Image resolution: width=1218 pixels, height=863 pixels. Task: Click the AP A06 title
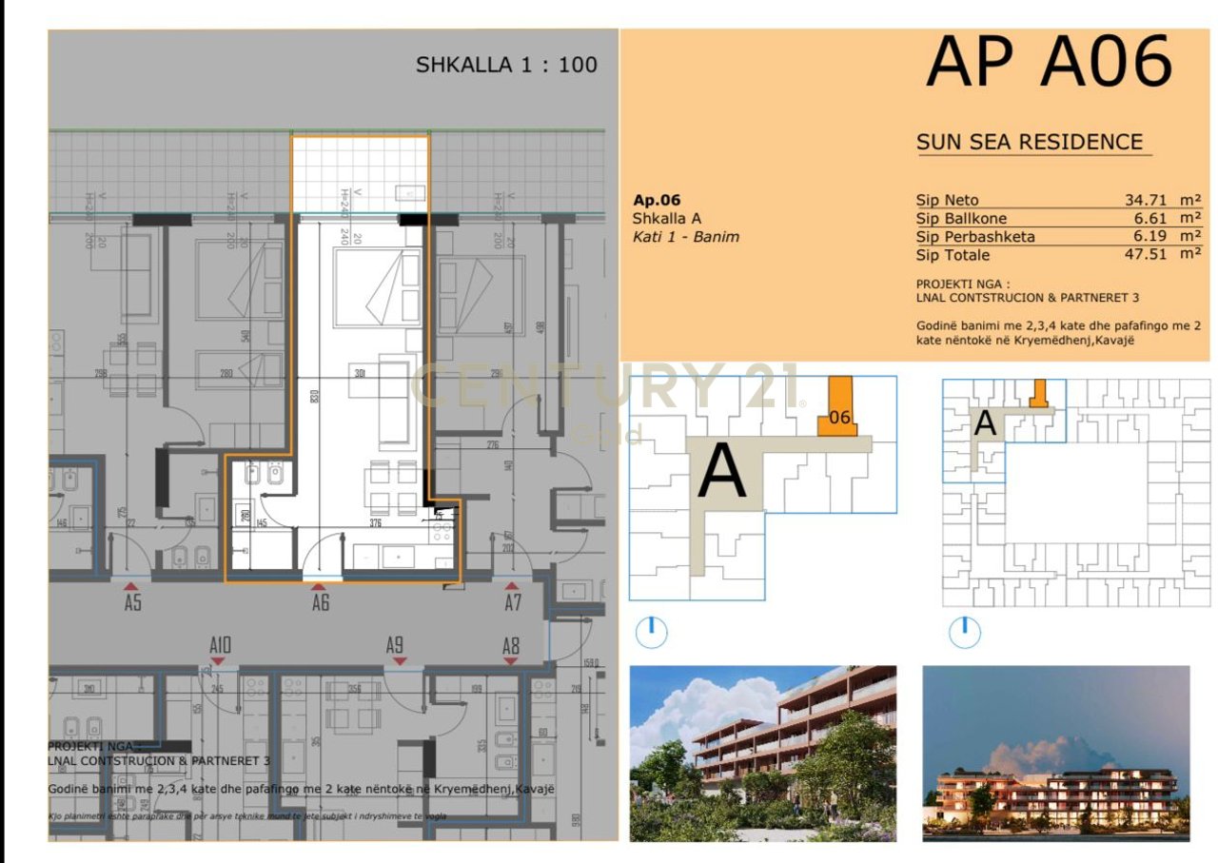tap(1049, 64)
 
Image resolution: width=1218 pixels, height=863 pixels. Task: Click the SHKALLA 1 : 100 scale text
tap(506, 65)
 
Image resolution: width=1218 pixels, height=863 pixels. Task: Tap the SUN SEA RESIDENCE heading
tap(1029, 143)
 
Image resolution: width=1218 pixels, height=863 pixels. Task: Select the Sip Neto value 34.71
tap(1147, 200)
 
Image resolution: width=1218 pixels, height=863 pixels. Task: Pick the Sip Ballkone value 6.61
tap(1151, 218)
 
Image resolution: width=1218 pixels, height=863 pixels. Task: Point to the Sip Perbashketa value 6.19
tap(1151, 236)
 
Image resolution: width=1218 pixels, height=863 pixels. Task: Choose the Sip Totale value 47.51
tap(1147, 255)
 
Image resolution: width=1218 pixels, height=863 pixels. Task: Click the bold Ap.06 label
tap(657, 200)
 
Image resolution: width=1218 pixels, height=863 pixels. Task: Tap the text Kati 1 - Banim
tap(685, 236)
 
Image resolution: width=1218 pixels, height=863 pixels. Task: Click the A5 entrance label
tap(132, 602)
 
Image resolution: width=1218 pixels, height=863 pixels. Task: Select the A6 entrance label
tap(320, 602)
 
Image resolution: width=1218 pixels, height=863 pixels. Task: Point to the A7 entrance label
tap(512, 602)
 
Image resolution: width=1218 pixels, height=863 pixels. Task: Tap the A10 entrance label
tap(220, 646)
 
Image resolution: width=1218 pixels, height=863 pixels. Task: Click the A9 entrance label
tap(395, 645)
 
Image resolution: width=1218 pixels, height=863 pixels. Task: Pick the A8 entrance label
tap(511, 646)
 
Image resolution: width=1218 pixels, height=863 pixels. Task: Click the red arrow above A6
tap(319, 586)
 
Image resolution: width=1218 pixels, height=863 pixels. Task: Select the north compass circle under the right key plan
tap(964, 631)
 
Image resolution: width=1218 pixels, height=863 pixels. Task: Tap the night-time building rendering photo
tap(1055, 753)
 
